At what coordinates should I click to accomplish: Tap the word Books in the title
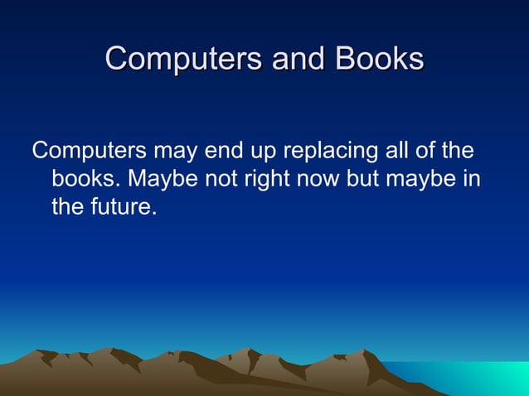[379, 59]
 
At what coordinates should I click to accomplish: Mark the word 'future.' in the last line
[125, 206]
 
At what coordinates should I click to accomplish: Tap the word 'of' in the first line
[431, 152]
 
